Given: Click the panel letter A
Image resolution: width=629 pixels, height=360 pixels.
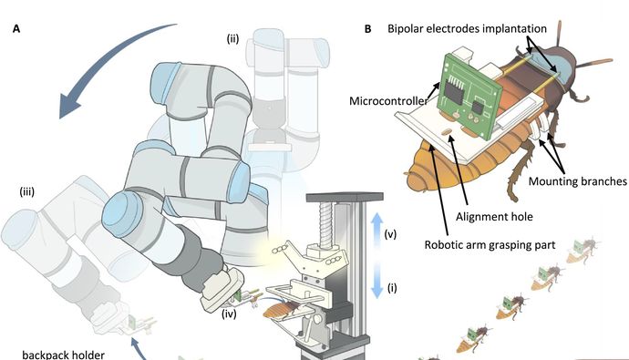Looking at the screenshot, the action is (x=16, y=29).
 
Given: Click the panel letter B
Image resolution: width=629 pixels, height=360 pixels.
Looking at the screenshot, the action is (x=367, y=29).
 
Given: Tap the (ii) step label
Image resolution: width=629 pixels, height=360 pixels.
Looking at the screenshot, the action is (x=232, y=39).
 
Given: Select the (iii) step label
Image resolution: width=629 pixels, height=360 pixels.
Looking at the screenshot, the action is (x=26, y=191).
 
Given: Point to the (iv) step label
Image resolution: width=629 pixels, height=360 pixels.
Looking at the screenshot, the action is (x=229, y=314).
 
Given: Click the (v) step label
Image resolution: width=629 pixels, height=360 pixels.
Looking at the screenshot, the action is (x=390, y=234).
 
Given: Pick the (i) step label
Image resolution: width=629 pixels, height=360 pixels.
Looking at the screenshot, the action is (x=392, y=288).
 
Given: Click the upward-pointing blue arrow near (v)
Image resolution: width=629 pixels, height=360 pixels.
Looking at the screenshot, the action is (x=376, y=229).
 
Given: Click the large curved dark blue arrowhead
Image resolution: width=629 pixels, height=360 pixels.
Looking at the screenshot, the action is (x=72, y=105).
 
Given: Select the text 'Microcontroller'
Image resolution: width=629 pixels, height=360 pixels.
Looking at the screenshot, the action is (x=388, y=101).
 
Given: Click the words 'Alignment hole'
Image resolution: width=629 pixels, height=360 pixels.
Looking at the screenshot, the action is (x=494, y=217).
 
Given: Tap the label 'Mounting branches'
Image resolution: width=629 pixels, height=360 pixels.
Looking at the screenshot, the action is (x=577, y=181).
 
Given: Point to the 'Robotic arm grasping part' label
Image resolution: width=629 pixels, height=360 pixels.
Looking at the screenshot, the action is (x=490, y=245).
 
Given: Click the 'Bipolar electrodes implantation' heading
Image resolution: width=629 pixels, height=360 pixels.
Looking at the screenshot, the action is (x=467, y=29).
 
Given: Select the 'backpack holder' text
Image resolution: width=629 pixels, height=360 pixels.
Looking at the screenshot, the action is (x=64, y=355).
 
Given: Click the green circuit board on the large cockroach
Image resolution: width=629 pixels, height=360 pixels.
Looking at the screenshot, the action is (x=469, y=97).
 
